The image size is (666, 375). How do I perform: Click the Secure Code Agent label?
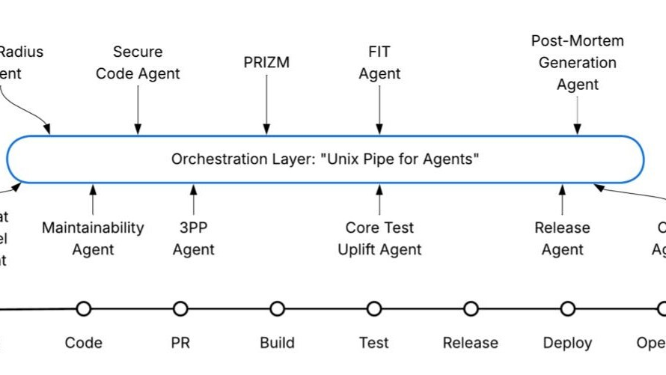pos(138,63)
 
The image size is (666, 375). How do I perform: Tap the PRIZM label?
pos(266,63)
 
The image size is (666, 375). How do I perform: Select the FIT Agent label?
pos(379,63)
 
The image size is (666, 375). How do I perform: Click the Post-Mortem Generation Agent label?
pos(577,63)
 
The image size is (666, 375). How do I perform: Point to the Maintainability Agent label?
pos(93,238)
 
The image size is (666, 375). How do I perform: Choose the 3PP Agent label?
pos(194,238)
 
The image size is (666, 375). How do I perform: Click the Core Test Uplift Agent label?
pos(379,238)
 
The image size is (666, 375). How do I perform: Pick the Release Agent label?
pos(562,238)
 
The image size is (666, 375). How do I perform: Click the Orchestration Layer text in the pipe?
pos(325,159)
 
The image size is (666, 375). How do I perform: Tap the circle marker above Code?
pos(83,308)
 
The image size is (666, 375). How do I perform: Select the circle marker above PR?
pos(180,308)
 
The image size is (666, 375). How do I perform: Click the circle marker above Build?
pos(278,308)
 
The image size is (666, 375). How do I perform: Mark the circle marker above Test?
pos(374,308)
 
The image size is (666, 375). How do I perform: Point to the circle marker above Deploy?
pos(568,308)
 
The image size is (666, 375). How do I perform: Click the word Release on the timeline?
pos(471,343)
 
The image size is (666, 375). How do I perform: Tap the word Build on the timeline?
pos(278,343)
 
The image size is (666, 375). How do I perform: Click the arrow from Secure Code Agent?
pos(138,111)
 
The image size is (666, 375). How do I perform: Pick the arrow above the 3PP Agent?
pos(194,200)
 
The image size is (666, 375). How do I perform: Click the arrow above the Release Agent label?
pos(562,200)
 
